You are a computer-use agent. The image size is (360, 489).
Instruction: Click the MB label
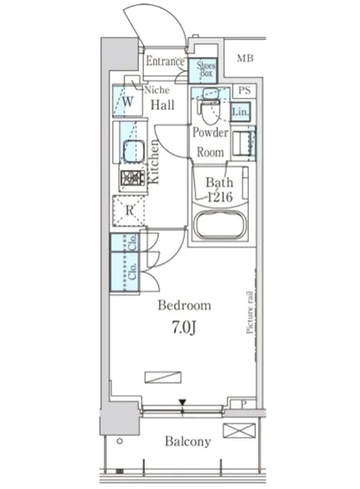245,58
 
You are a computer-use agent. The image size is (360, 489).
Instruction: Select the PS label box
244,91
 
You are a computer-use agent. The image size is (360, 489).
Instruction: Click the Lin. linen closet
241,111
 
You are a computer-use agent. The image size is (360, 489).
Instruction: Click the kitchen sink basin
133,151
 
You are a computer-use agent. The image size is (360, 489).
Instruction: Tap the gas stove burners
133,178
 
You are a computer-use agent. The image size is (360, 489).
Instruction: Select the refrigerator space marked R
129,211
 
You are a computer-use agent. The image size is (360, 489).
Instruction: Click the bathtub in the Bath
220,225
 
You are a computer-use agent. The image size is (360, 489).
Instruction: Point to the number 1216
220,196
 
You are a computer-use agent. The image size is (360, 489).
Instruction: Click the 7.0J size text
184,328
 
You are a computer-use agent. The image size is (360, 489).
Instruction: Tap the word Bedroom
184,305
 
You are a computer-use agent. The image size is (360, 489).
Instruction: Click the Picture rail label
250,312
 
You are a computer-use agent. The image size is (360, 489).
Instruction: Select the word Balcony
188,442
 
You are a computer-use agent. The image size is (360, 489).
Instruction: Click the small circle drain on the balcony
119,441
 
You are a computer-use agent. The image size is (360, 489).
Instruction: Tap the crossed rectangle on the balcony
239,430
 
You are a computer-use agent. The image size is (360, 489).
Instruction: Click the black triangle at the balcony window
182,403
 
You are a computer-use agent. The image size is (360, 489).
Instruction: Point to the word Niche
157,90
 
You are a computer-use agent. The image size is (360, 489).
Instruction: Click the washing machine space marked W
127,101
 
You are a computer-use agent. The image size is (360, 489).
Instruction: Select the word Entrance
165,61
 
